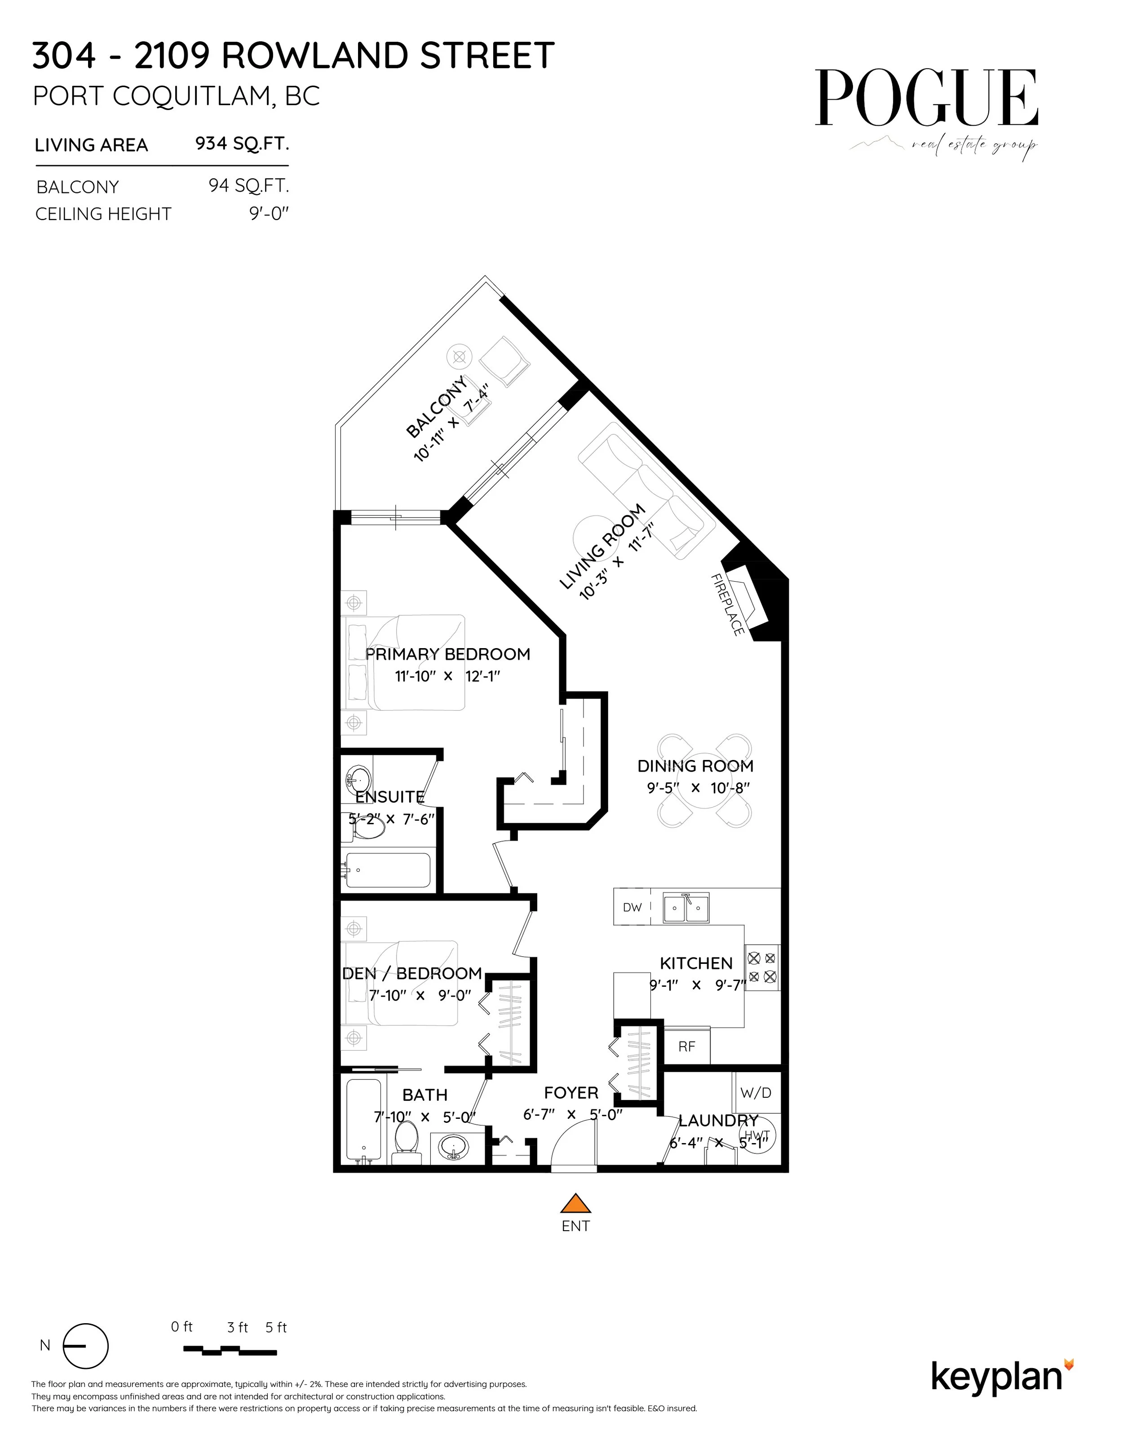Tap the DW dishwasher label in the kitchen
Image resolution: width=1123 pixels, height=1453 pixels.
(x=632, y=907)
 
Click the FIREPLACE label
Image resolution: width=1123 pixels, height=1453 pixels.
(x=727, y=605)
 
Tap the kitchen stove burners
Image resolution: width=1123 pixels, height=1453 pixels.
(x=762, y=968)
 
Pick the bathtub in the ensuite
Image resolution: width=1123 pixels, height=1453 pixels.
(x=386, y=870)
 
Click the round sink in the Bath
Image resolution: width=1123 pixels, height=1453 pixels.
(x=455, y=1148)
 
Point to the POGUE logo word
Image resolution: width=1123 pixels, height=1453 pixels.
(x=927, y=98)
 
